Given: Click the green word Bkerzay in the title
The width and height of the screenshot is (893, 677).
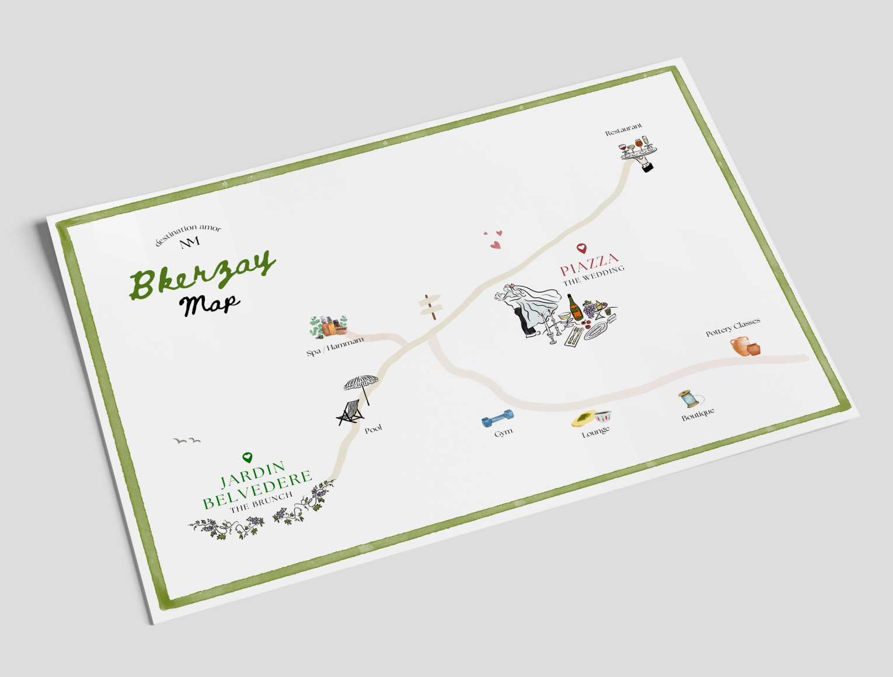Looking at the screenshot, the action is (x=201, y=275).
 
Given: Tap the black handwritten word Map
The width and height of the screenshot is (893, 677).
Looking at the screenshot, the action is (x=209, y=303).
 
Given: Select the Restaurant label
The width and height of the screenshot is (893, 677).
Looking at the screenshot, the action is (x=623, y=130).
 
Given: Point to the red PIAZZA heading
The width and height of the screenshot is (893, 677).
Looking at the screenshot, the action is (x=589, y=264).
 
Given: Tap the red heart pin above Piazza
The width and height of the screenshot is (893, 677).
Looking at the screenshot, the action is (x=581, y=249).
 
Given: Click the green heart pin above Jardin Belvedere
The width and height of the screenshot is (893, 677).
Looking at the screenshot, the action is (x=247, y=458).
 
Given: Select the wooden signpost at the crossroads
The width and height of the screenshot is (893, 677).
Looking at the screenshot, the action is (x=432, y=306).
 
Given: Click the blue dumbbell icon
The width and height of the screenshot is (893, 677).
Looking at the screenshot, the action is (x=497, y=418).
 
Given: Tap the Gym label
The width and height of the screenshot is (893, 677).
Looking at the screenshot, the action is (x=503, y=432).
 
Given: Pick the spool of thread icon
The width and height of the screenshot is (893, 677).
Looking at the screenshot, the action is (x=690, y=399).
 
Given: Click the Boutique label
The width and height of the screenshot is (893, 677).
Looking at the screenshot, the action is (x=698, y=414).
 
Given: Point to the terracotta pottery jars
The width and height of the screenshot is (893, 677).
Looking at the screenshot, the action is (x=745, y=346).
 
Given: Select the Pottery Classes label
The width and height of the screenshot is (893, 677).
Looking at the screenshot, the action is (x=733, y=328).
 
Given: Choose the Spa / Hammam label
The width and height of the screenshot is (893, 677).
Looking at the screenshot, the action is (x=335, y=347).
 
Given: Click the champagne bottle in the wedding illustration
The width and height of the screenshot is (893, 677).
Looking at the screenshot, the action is (x=575, y=307).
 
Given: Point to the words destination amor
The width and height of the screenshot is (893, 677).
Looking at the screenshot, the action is (x=188, y=233).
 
